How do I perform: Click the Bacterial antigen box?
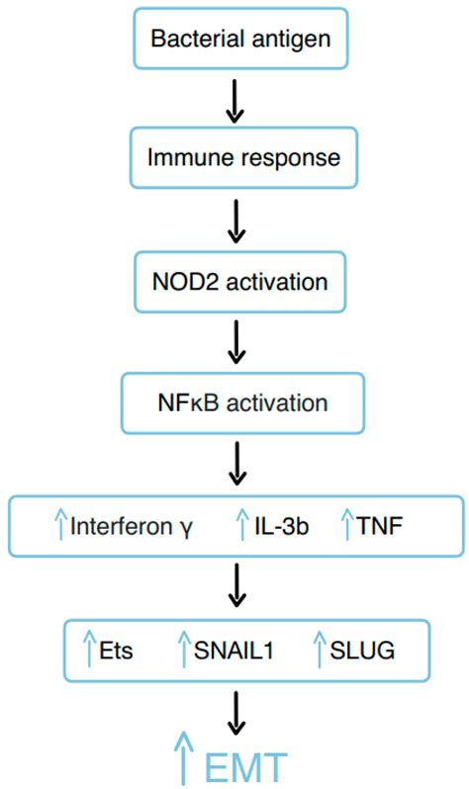click(234, 39)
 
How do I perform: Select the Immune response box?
click(234, 155)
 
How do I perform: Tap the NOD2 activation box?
click(234, 280)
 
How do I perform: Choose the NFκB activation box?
click(234, 403)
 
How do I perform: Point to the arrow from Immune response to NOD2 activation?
click(234, 219)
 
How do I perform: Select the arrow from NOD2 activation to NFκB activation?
click(234, 342)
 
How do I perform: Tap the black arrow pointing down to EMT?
click(234, 709)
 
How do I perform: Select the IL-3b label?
click(279, 526)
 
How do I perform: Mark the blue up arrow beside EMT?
click(181, 761)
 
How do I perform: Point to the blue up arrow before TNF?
click(347, 525)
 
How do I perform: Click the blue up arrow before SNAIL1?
click(182, 649)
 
